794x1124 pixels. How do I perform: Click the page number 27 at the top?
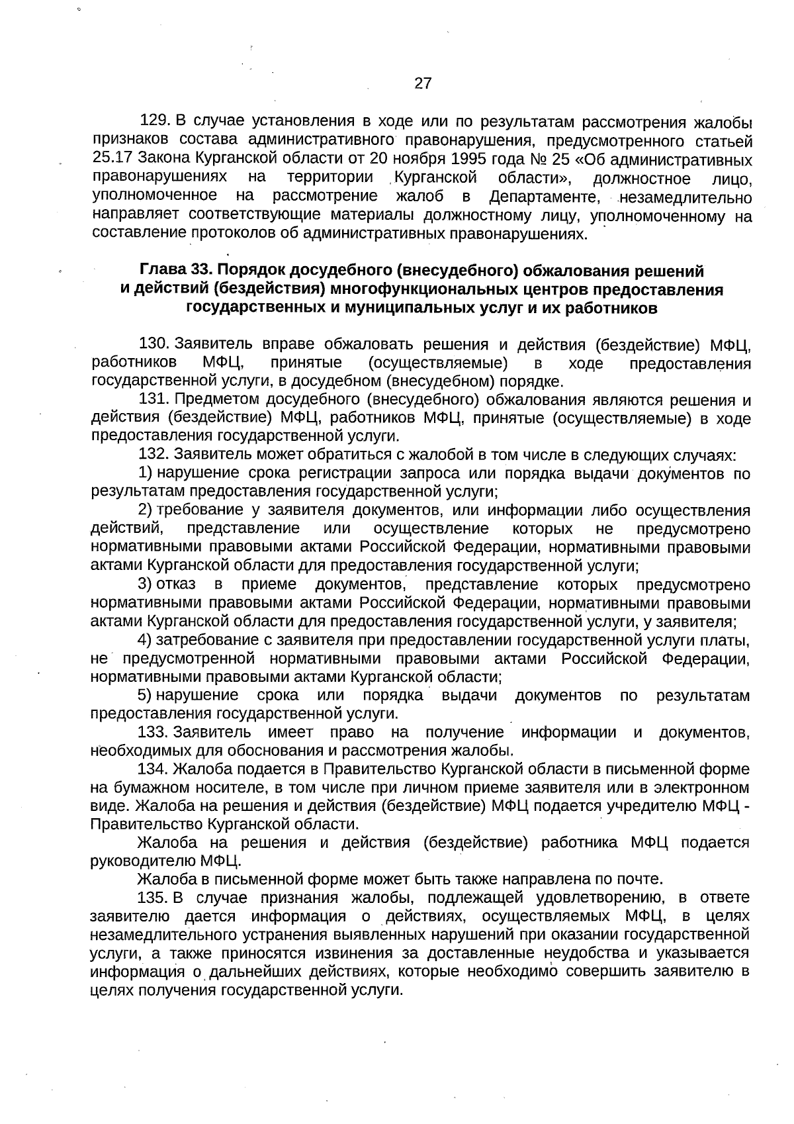pyautogui.click(x=423, y=83)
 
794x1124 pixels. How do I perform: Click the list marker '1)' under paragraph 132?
pyautogui.click(x=145, y=473)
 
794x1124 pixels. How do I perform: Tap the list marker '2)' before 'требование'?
pyautogui.click(x=145, y=510)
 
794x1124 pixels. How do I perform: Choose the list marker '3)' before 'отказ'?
pyautogui.click(x=145, y=585)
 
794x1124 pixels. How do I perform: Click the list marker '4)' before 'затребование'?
pyautogui.click(x=145, y=640)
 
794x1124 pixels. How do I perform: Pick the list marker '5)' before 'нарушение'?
pyautogui.click(x=145, y=696)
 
